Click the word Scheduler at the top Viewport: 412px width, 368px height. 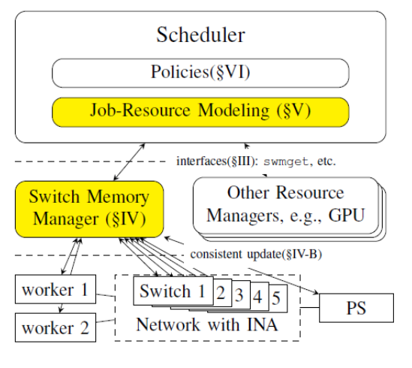pos(200,35)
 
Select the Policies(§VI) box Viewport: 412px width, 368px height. pos(200,73)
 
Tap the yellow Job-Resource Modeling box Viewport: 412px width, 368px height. pos(200,112)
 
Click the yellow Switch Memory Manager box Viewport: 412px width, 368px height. pos(89,209)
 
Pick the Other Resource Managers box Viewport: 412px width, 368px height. pos(286,206)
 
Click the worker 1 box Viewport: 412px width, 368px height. pos(56,289)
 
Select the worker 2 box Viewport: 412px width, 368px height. pos(56,327)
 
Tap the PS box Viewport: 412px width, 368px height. pos(356,308)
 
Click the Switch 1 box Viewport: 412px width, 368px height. pos(173,291)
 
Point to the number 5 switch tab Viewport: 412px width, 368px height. pos(278,298)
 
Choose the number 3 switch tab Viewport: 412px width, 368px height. pos(241,294)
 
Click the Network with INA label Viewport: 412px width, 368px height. pos(207,324)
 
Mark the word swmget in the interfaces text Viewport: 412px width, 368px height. pos(286,161)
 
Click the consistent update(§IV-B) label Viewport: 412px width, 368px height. pos(256,255)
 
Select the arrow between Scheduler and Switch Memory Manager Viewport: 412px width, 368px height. pos(129,162)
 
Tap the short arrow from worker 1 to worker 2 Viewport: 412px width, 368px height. pos(61,308)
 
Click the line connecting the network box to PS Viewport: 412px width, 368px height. pos(309,307)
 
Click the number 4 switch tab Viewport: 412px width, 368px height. pos(260,297)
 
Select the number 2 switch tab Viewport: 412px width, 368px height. pos(223,293)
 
